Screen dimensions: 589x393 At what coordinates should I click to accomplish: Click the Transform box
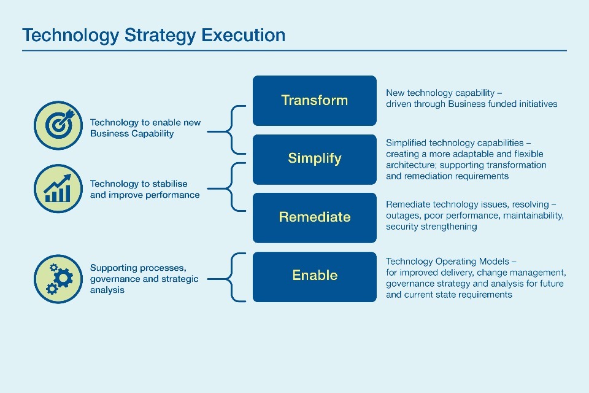pos(314,101)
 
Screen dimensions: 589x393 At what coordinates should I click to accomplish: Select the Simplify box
pos(314,160)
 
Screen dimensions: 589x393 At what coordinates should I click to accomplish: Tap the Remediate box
pos(314,218)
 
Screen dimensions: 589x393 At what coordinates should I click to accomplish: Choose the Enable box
pos(314,277)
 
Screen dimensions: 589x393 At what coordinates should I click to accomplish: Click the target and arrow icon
pos(58,125)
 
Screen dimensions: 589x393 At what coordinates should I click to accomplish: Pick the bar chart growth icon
pos(58,189)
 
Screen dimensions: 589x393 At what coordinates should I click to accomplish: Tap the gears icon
pos(58,279)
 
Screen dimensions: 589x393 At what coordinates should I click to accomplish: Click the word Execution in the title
pos(243,35)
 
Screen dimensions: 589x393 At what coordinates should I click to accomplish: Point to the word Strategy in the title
pos(160,36)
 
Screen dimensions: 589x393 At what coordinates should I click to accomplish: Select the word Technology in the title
pos(71,36)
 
